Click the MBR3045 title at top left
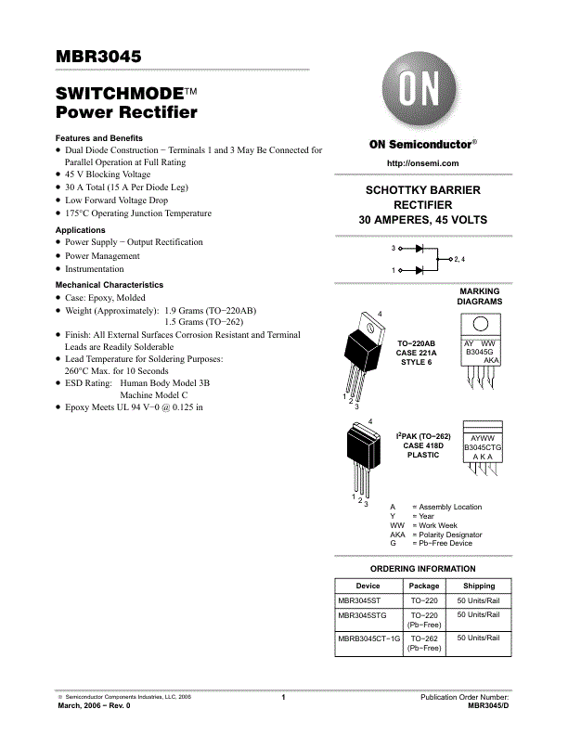[x=98, y=57]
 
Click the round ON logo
[x=422, y=93]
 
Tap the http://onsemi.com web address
[x=422, y=163]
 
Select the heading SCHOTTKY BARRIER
[x=422, y=190]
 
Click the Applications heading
[x=81, y=230]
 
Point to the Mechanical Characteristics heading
[x=110, y=285]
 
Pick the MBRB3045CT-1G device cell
[x=368, y=638]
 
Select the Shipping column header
[x=479, y=586]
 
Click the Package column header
[x=424, y=586]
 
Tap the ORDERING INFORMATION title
[x=422, y=569]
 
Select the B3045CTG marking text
[x=483, y=447]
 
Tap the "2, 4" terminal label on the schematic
[x=459, y=259]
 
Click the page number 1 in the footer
[x=283, y=697]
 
